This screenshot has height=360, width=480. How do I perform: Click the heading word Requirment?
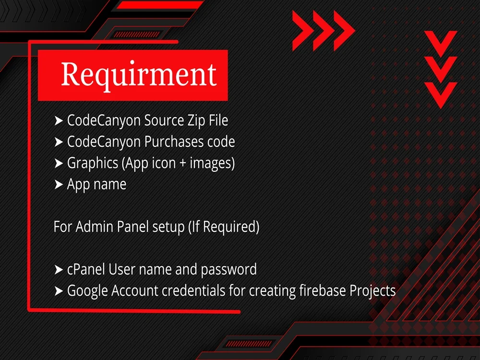139,74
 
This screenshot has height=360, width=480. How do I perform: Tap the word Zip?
188,120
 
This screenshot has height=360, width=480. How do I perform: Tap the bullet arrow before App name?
59,185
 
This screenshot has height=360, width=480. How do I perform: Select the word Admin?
95,227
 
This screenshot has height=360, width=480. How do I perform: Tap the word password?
228,270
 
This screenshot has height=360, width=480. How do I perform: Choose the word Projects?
372,291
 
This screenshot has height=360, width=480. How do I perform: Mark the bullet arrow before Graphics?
59,164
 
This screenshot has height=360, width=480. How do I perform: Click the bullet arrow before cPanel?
59,270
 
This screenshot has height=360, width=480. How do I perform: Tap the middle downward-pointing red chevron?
440,68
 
